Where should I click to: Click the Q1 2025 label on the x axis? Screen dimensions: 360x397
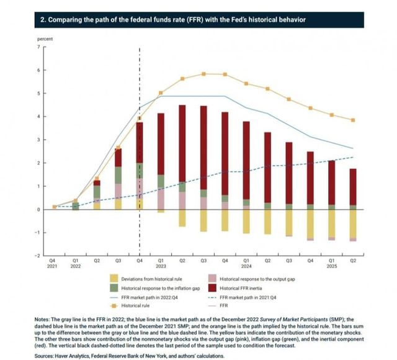[331, 264]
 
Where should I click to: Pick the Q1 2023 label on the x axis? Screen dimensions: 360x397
[161, 264]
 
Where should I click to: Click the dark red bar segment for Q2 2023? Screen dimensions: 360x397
[182, 143]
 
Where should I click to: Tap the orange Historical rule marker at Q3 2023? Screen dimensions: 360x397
[203, 74]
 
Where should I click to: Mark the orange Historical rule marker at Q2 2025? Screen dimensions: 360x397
[353, 120]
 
